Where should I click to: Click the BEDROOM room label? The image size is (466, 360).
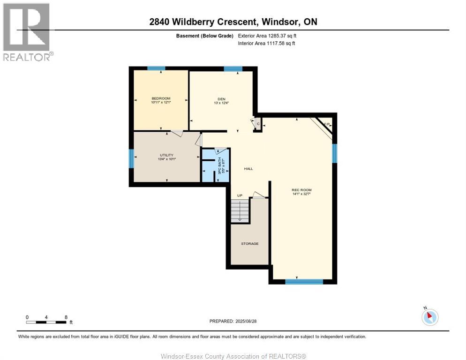pos(160,98)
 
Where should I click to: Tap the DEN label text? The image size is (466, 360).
pos(221,99)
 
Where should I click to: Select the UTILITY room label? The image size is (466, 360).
pos(166,155)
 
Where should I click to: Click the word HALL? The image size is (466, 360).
pos(248,169)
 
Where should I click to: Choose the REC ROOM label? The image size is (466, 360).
pos(301,190)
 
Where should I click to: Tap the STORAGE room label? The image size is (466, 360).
pos(250,244)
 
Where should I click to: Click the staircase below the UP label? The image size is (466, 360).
pos(240,210)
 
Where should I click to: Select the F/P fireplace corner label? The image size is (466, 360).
pos(327,124)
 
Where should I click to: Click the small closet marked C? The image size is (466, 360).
pos(258,124)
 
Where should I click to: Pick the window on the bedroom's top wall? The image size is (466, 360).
pos(156,68)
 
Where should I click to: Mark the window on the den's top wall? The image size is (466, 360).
pos(233,68)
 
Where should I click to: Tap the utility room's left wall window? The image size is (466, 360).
pos(131,158)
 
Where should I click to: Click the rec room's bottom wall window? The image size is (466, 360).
pos(304,282)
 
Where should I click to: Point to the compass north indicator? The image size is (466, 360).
pos(429,316)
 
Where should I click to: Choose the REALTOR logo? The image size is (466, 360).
pos(27,31)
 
